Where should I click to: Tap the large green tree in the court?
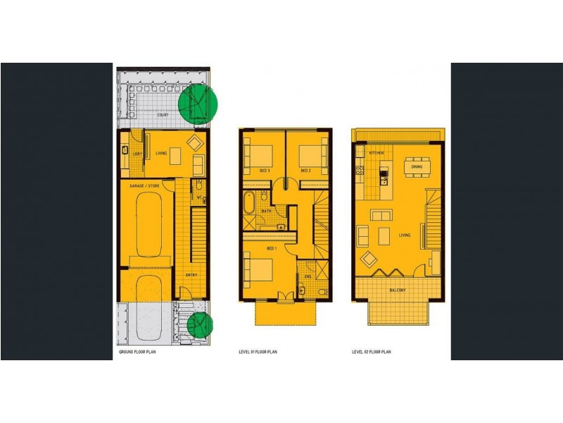pos(197,104)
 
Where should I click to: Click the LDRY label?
pos(139,153)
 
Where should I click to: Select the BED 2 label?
pos(305,171)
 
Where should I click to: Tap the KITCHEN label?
pos(374,152)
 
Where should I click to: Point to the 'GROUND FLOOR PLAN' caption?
pos(138,351)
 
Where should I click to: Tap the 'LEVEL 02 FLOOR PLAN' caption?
pos(372,351)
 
